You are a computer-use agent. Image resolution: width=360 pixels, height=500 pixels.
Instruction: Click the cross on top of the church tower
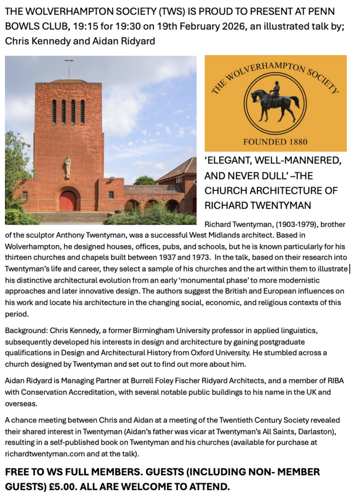(69, 67)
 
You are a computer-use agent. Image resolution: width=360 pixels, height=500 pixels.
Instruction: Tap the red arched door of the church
(68, 201)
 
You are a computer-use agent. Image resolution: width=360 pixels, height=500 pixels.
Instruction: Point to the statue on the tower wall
(67, 167)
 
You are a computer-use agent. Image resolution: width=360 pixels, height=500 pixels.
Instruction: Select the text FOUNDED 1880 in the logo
(276, 142)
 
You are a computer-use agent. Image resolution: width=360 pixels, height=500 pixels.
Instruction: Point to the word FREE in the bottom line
(18, 473)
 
